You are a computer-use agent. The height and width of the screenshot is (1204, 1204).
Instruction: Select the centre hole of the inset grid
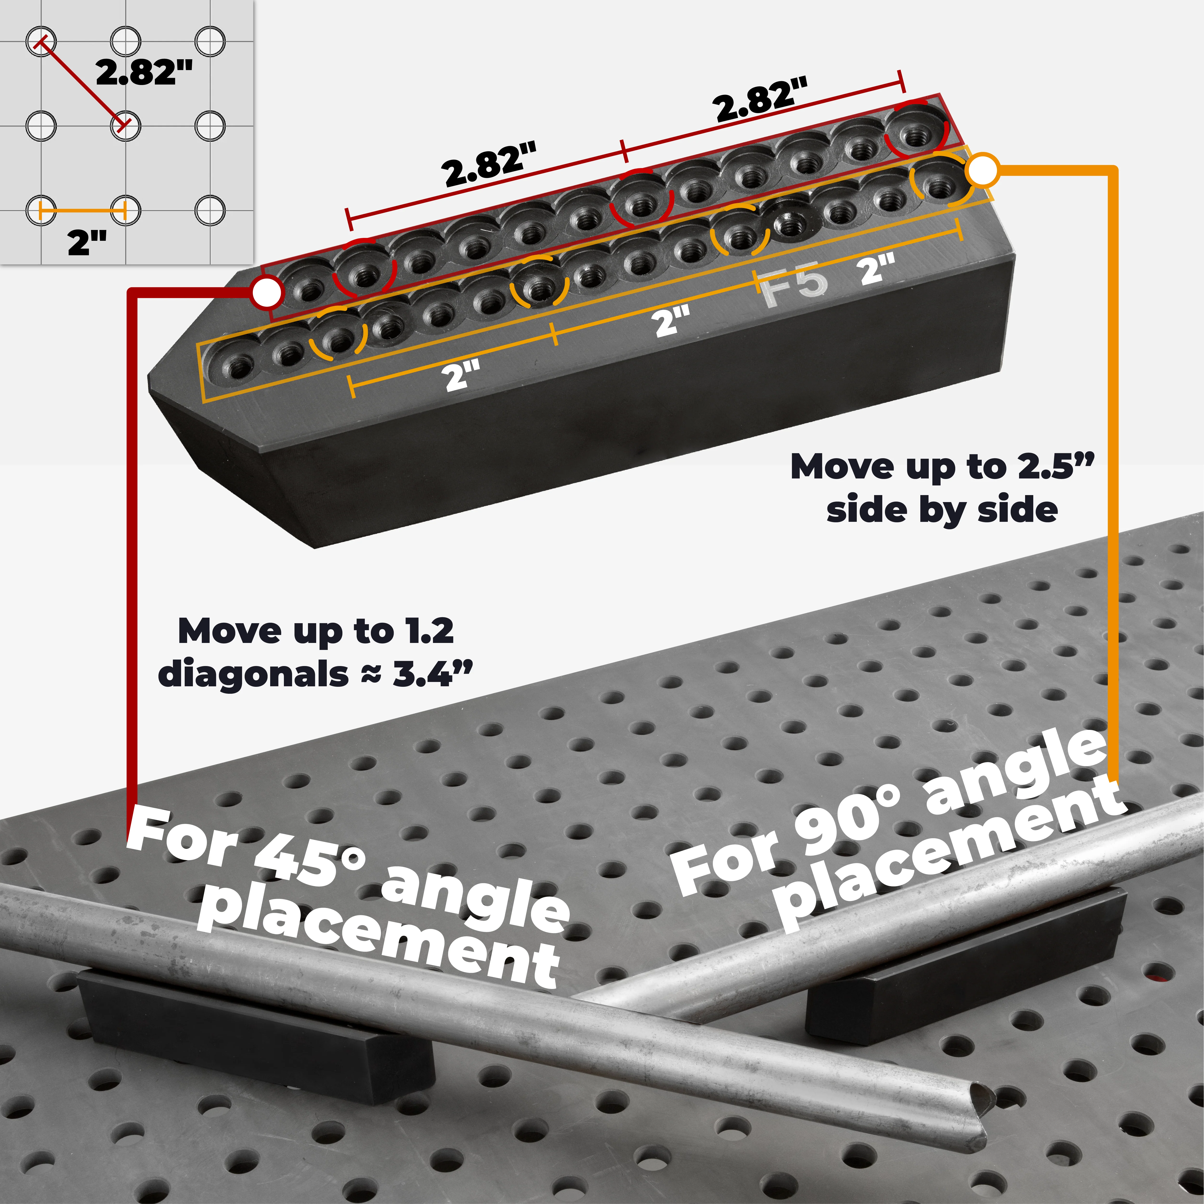(125, 126)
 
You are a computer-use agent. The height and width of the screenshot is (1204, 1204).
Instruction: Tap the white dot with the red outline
(267, 292)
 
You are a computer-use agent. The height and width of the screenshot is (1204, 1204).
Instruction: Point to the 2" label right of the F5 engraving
(877, 270)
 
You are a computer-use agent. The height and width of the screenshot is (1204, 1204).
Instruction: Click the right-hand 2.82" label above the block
(762, 100)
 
